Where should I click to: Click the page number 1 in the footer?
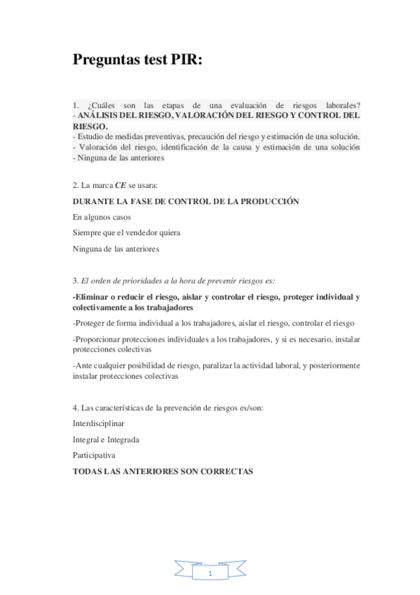(x=210, y=574)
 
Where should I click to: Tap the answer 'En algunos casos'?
(x=102, y=217)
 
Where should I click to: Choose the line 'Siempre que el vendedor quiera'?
(x=126, y=232)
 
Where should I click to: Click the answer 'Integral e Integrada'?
(x=106, y=439)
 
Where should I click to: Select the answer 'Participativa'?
(x=94, y=455)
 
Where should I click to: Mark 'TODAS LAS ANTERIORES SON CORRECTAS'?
(x=162, y=472)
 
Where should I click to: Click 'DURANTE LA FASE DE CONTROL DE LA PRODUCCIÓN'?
(x=186, y=201)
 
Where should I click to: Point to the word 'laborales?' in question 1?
(x=340, y=105)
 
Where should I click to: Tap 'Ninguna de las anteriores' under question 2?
(x=116, y=248)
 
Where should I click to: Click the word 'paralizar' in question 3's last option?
(x=257, y=366)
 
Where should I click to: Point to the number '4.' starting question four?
(x=76, y=408)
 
